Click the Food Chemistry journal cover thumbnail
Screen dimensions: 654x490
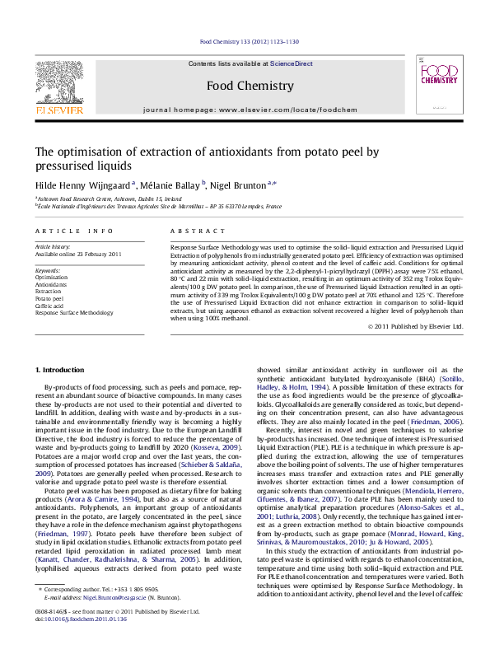click(x=438, y=84)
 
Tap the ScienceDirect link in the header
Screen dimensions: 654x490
click(x=292, y=63)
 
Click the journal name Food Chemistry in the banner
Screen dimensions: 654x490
click(x=250, y=86)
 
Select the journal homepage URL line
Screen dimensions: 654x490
click(x=250, y=109)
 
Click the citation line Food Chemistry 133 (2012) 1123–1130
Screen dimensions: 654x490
click(x=250, y=41)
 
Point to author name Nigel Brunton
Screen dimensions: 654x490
click(x=241, y=186)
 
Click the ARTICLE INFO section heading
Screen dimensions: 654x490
click(x=74, y=232)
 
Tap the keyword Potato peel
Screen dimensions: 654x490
click(x=49, y=298)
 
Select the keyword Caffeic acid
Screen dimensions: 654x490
click(x=49, y=306)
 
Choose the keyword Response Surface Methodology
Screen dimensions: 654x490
click(x=74, y=313)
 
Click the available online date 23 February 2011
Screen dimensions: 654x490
click(x=78, y=254)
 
